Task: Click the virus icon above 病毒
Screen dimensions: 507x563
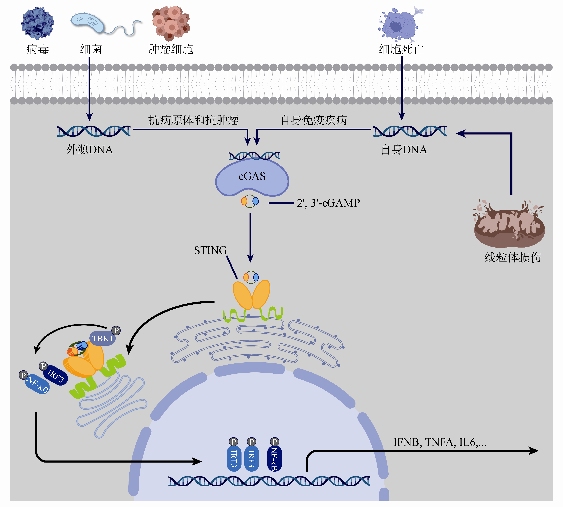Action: point(37,23)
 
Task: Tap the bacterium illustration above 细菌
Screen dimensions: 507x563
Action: point(88,23)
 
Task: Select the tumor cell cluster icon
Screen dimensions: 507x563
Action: point(171,23)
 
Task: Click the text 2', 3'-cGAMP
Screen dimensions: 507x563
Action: point(328,203)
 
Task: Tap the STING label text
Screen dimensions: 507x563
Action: point(210,250)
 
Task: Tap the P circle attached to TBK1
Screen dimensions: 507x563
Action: point(116,330)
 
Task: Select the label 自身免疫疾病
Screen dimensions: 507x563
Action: point(314,120)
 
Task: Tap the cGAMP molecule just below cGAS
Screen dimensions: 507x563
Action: point(250,201)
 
